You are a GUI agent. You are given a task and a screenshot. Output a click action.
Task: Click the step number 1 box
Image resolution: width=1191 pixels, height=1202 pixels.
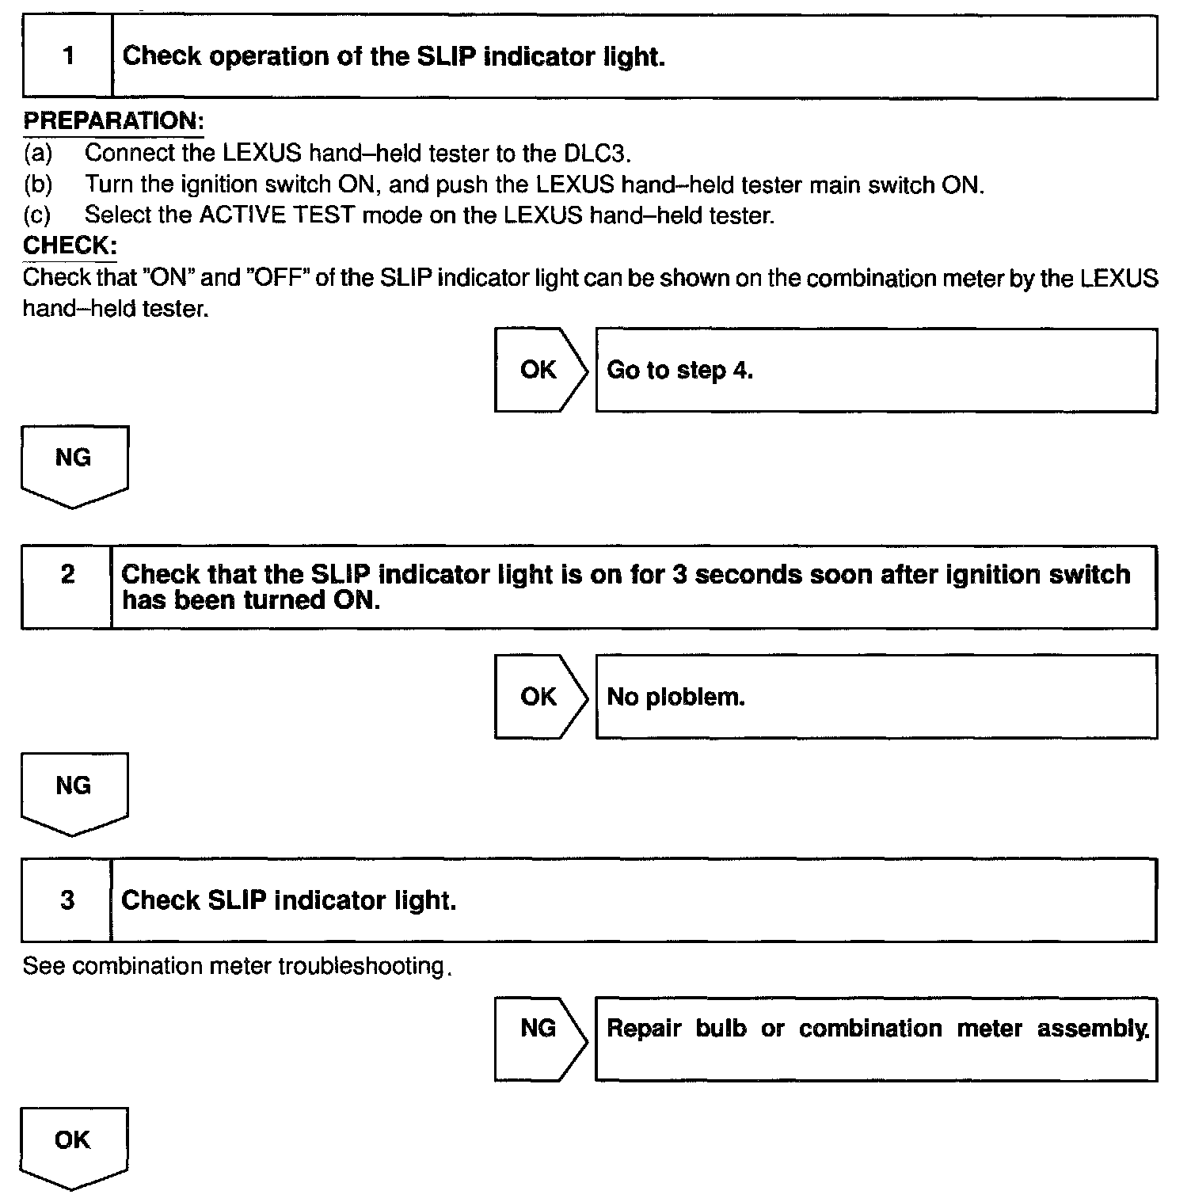pyautogui.click(x=68, y=56)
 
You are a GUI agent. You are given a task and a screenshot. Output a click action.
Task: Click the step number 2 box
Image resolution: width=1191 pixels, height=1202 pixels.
pyautogui.click(x=67, y=586)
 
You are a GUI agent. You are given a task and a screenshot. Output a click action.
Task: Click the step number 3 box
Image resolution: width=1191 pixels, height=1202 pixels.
pyautogui.click(x=67, y=900)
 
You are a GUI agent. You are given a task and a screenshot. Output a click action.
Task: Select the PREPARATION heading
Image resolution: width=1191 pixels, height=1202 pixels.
pyautogui.click(x=113, y=121)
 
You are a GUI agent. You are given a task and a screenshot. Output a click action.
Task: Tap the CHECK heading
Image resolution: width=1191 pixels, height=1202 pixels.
pyautogui.click(x=70, y=245)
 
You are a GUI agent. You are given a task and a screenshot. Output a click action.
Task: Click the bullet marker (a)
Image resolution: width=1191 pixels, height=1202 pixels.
pyautogui.click(x=37, y=152)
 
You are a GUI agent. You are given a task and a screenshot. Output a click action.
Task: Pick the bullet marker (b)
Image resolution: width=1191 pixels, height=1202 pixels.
pyautogui.click(x=37, y=184)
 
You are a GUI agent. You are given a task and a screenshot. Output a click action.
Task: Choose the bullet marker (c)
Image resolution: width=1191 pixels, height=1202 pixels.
pyautogui.click(x=37, y=215)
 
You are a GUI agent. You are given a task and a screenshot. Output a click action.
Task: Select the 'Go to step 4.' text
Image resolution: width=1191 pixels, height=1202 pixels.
pyautogui.click(x=679, y=370)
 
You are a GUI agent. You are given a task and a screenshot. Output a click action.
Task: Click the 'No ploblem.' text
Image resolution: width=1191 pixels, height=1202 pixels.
pyautogui.click(x=675, y=697)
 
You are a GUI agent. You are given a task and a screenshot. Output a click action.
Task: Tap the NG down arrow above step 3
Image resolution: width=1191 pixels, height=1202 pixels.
pyautogui.click(x=74, y=793)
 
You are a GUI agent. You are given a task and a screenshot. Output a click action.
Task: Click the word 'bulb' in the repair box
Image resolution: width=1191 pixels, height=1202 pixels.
pyautogui.click(x=721, y=1029)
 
